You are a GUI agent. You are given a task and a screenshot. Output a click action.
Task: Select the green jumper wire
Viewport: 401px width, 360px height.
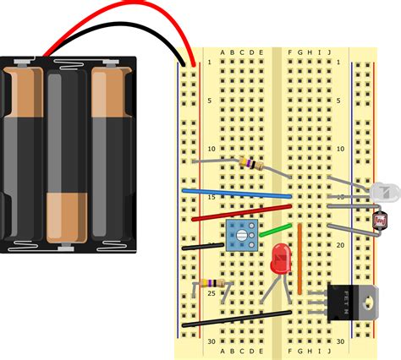(272, 229)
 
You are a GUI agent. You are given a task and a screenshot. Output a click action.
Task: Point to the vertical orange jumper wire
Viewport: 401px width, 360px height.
(299, 259)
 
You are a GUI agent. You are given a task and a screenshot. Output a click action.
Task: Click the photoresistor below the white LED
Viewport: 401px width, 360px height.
(381, 221)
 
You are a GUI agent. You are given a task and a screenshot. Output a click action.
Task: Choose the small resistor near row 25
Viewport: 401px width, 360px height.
(208, 285)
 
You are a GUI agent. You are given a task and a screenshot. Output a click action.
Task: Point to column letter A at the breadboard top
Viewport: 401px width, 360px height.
(222, 52)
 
